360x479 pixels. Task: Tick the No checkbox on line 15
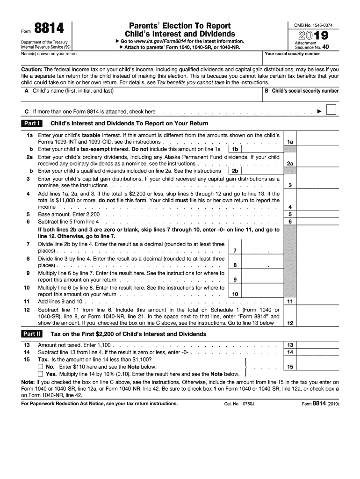41,367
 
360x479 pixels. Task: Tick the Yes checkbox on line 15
41,374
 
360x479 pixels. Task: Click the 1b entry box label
235,149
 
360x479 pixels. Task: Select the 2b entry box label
235,171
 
